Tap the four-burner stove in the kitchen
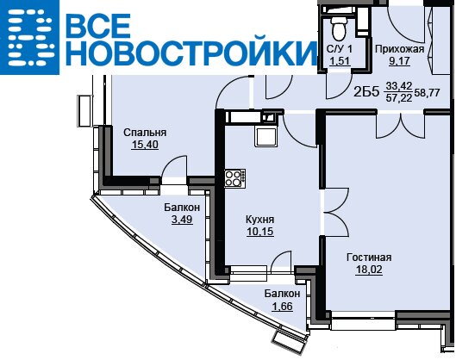234,177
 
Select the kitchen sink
265,137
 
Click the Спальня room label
145,133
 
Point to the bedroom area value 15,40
145,144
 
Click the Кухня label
260,220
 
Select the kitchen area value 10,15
260,232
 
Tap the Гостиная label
369,258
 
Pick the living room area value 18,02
369,270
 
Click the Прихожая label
399,49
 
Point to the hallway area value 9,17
399,61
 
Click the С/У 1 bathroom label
339,49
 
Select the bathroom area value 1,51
339,61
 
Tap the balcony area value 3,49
182,219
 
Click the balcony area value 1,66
282,307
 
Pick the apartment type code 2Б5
366,92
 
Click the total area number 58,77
427,93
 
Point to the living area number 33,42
399,86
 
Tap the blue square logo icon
29,38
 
